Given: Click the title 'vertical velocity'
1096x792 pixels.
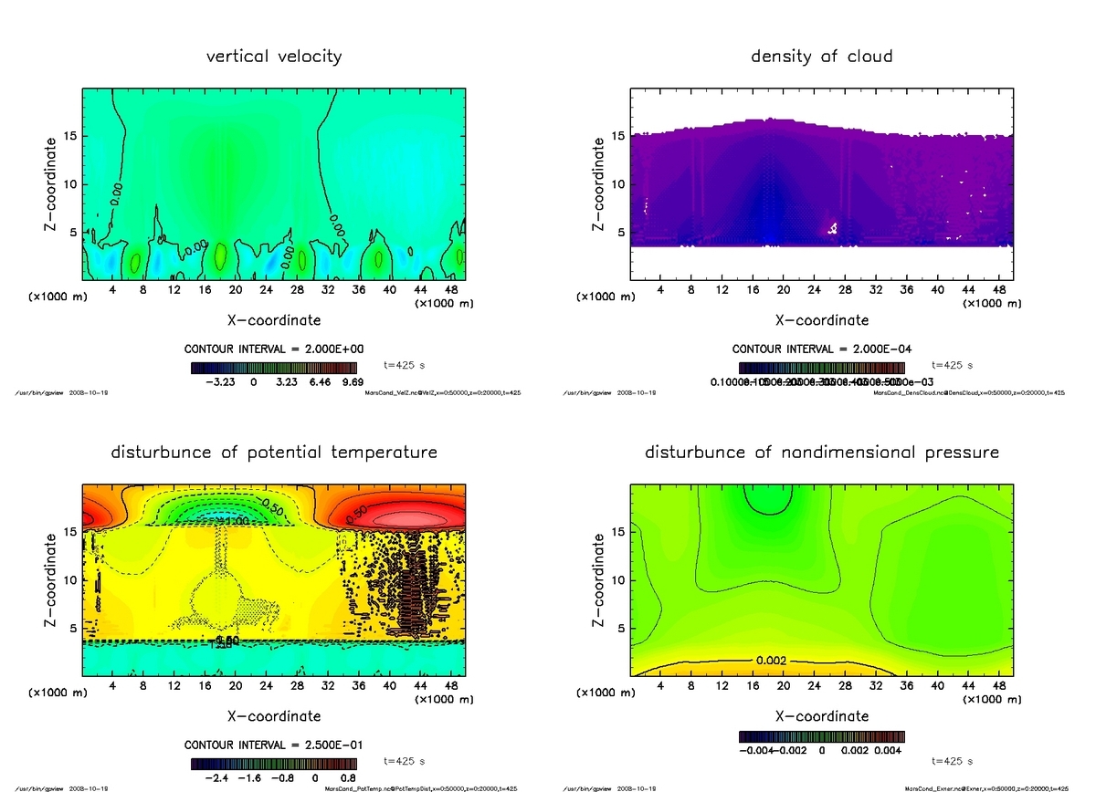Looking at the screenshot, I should click(x=274, y=57).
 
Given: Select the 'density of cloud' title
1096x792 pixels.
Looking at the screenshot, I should click(x=821, y=57).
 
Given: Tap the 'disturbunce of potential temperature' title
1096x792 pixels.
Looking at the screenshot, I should click(x=274, y=453).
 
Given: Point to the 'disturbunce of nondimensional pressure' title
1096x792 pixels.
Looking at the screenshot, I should click(x=821, y=453).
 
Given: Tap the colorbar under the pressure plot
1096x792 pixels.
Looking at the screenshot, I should click(x=821, y=736).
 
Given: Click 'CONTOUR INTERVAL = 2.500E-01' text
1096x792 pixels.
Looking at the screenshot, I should click(x=274, y=745).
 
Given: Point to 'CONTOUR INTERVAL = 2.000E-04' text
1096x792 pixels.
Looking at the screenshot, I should click(x=821, y=349).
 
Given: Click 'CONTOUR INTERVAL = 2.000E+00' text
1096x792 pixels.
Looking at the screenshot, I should click(x=274, y=349).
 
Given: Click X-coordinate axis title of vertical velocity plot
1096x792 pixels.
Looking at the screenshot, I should click(x=274, y=320).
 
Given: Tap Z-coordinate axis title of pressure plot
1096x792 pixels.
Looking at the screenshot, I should click(x=600, y=579).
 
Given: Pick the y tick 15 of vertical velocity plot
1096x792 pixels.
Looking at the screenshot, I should click(x=71, y=137).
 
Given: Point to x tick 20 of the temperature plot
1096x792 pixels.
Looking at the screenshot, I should click(x=236, y=686).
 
